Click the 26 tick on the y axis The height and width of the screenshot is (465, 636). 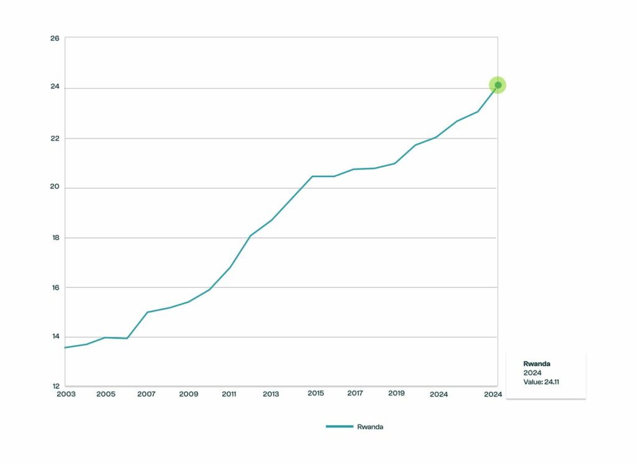(55, 39)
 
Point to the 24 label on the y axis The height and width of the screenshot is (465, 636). (55, 88)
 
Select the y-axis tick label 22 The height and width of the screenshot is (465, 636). (55, 138)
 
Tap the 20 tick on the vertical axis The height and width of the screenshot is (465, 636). (55, 188)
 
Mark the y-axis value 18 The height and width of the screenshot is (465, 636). (55, 237)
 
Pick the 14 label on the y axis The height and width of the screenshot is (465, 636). (55, 337)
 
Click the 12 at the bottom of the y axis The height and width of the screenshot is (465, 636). (55, 386)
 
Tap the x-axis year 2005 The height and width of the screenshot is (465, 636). (106, 394)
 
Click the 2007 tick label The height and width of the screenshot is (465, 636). (147, 394)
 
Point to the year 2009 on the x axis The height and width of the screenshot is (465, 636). (188, 394)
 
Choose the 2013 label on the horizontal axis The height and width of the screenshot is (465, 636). (271, 394)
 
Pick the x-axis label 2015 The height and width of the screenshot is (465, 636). (316, 394)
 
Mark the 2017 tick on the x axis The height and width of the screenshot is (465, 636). (355, 394)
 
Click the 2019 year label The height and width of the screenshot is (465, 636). (397, 394)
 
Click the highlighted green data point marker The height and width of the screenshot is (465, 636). (497, 85)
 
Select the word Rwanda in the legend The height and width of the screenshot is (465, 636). (370, 426)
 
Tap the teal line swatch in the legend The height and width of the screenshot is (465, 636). (339, 426)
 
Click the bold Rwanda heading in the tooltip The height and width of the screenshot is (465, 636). (537, 364)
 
